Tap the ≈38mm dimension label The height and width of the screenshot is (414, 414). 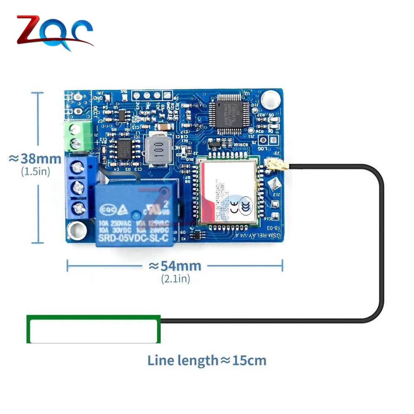coord(36,159)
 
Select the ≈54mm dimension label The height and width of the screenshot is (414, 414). coord(175,266)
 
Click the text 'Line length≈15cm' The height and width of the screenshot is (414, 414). coord(207,360)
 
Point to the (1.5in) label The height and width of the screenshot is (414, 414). coord(36,172)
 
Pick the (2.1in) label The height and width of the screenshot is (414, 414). coord(176,279)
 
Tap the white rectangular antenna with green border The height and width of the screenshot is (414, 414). coord(94,330)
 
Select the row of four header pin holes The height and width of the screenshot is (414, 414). coord(146,95)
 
